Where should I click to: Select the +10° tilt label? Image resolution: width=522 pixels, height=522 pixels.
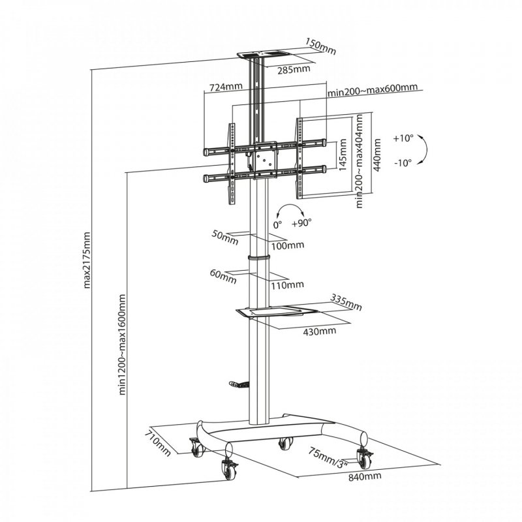tap(404, 138)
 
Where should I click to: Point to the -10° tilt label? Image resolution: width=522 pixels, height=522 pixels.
tap(403, 162)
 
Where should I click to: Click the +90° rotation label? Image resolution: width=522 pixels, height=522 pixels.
tap(302, 222)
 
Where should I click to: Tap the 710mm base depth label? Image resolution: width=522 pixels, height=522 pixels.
tap(158, 442)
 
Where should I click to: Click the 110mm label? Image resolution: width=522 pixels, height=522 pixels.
tap(287, 284)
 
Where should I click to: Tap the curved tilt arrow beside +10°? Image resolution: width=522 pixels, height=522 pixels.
tap(423, 151)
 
